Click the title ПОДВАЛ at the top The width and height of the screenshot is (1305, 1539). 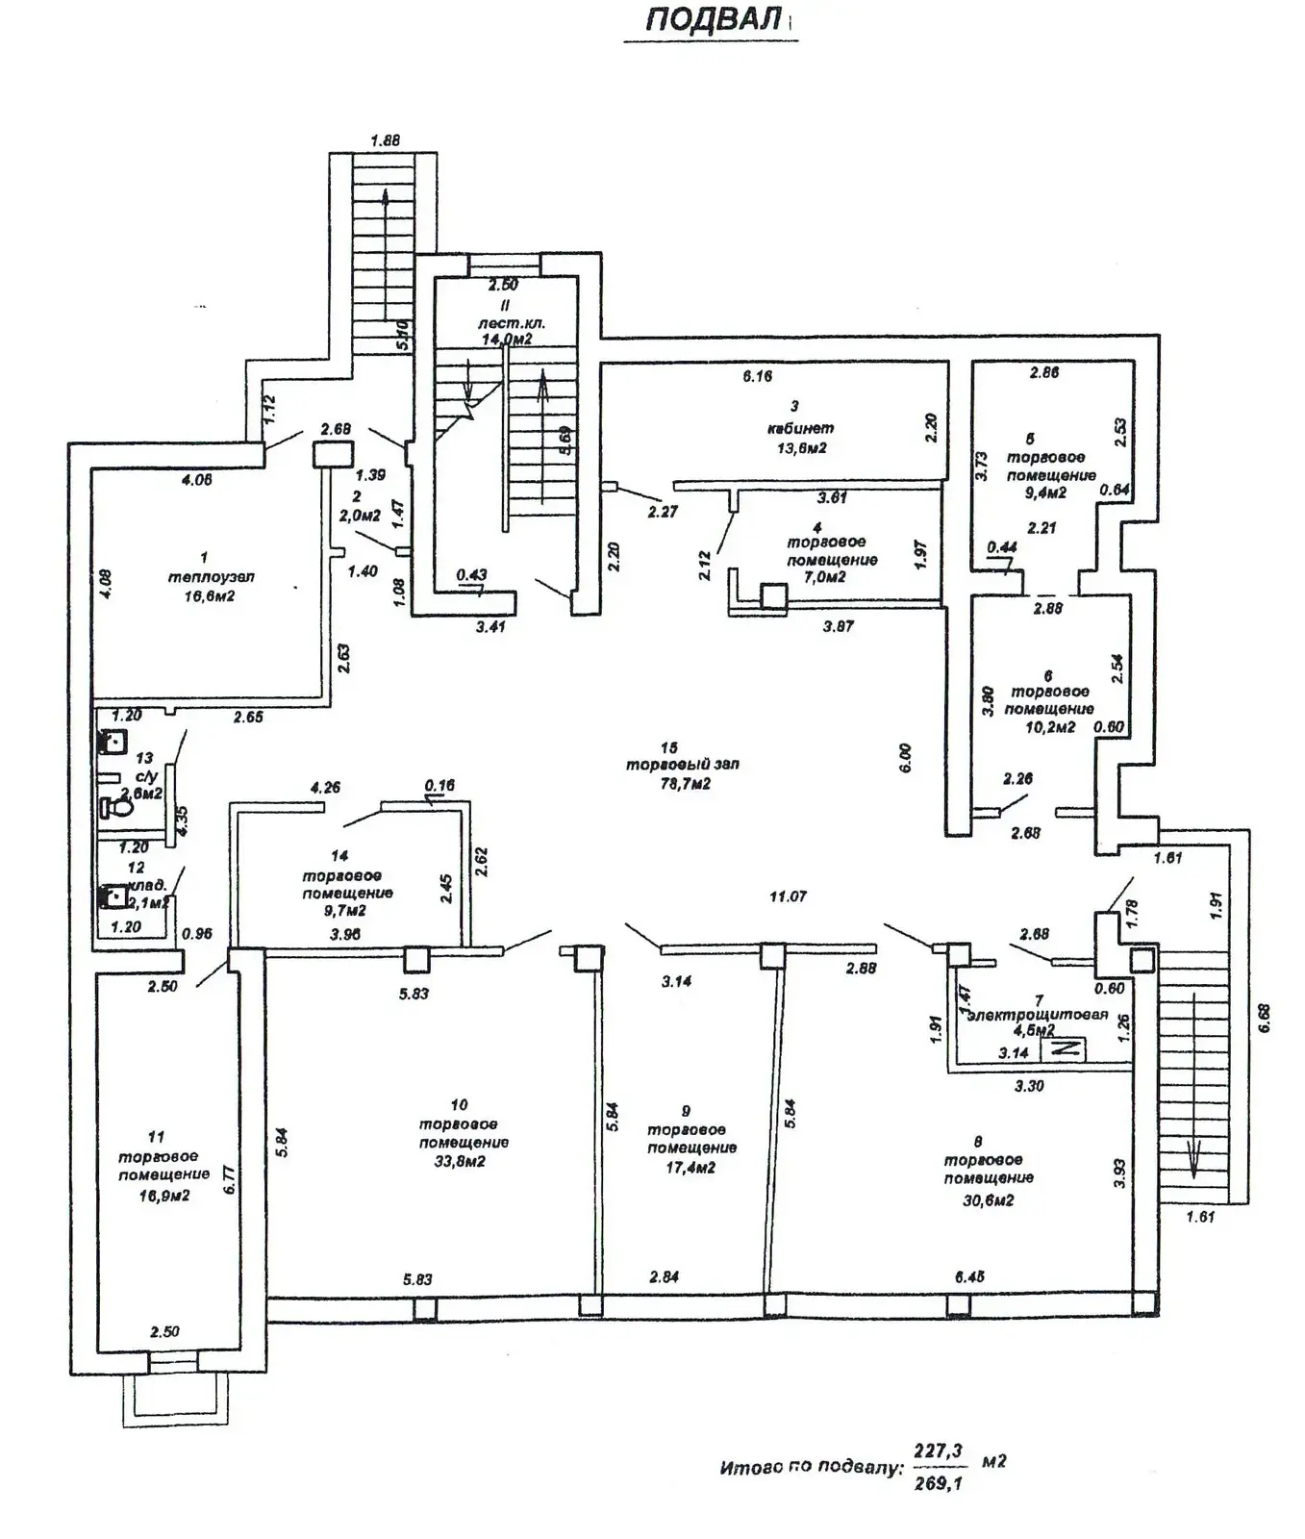click(x=713, y=20)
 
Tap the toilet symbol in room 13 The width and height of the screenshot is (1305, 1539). click(x=119, y=804)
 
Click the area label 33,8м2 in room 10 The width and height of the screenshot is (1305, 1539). click(x=458, y=1161)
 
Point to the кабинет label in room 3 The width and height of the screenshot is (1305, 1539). click(x=800, y=428)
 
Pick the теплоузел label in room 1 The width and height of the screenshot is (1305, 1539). click(x=212, y=577)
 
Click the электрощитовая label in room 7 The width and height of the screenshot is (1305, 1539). click(x=1038, y=1015)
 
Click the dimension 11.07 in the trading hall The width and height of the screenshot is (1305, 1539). click(x=788, y=896)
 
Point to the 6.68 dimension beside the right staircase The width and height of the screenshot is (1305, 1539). click(x=1265, y=1018)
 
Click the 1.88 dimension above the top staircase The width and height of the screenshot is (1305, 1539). click(x=385, y=140)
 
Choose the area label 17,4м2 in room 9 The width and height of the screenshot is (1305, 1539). click(x=689, y=1167)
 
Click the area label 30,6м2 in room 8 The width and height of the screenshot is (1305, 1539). click(x=988, y=1199)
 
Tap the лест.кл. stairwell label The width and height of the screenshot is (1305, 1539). click(x=512, y=323)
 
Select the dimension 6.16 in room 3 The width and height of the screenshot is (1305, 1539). click(x=757, y=376)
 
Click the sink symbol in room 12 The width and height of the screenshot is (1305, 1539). click(x=113, y=897)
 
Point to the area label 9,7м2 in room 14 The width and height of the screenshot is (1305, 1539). click(x=344, y=910)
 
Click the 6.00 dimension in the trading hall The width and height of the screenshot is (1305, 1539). click(x=905, y=758)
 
